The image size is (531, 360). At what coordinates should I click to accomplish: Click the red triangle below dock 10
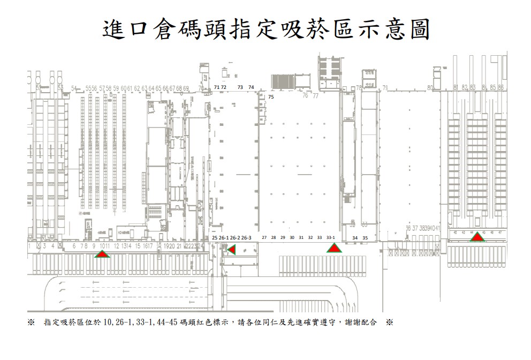102,254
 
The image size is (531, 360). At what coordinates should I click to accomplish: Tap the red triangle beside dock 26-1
231,250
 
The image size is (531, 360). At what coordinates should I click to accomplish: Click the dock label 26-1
224,237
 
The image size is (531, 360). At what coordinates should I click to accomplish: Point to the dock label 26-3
246,237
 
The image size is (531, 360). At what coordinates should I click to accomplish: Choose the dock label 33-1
331,237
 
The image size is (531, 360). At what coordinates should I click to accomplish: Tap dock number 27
264,237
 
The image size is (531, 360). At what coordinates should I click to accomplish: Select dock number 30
292,237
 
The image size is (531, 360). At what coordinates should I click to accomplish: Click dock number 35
365,237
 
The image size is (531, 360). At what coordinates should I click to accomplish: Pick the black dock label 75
271,97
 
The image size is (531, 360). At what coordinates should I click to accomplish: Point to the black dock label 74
251,87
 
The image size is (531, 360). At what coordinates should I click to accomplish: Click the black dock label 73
240,87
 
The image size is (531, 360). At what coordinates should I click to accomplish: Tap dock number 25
214,237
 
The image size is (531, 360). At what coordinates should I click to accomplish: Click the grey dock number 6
73,246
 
